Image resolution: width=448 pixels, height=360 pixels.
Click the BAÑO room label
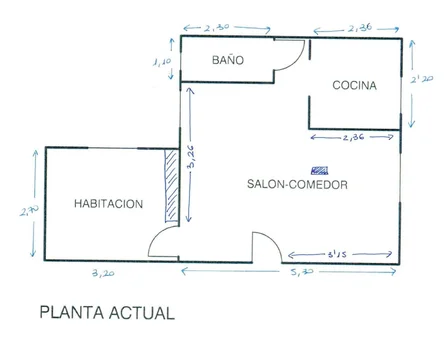pyautogui.click(x=228, y=60)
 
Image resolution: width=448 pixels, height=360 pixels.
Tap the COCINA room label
pyautogui.click(x=354, y=86)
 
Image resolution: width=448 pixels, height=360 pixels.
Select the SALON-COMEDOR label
pyautogui.click(x=297, y=185)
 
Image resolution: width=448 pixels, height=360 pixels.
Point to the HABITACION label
pyautogui.click(x=109, y=204)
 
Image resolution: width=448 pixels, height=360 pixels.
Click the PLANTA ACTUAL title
pyautogui.click(x=106, y=312)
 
